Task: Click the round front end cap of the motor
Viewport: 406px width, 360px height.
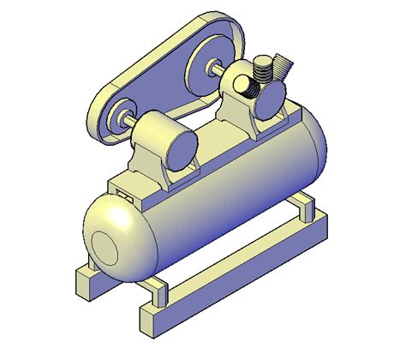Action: coord(181,149)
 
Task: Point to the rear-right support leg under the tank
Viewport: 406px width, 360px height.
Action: coord(303,207)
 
